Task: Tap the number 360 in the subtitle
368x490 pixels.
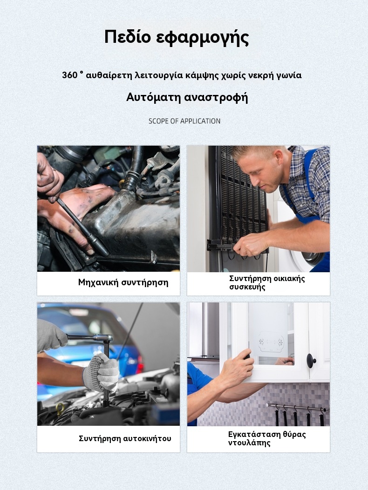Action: click(69, 75)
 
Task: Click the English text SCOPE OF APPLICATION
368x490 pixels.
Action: click(184, 121)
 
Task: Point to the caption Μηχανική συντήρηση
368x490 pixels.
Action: click(123, 282)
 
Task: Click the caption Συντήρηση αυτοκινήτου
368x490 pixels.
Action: click(125, 438)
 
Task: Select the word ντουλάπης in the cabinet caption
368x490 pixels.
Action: click(249, 443)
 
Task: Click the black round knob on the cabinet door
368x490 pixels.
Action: click(311, 360)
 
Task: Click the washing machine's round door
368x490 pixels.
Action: click(308, 253)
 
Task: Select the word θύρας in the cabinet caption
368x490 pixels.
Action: click(294, 435)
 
